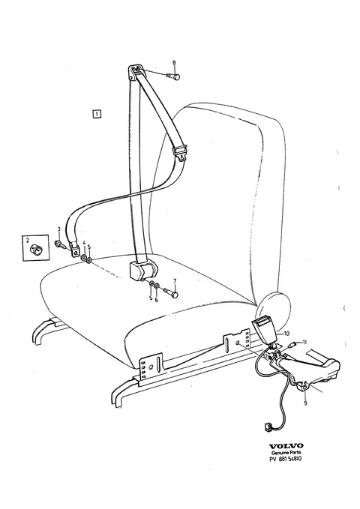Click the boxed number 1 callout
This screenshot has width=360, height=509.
tap(97, 114)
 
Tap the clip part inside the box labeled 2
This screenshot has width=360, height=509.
tap(36, 250)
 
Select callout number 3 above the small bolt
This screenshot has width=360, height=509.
tap(58, 229)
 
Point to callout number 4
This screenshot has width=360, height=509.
tap(84, 242)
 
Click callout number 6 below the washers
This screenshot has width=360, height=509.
tap(156, 301)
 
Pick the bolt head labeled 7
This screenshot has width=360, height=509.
tap(175, 295)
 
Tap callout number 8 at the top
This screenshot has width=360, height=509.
tap(174, 62)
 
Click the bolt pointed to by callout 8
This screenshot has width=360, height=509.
tap(173, 76)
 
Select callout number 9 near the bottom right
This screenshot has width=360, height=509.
tap(305, 403)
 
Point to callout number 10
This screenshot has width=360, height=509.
tap(286, 334)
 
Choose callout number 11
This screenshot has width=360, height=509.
tap(304, 342)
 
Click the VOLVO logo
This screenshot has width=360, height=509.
tap(286, 446)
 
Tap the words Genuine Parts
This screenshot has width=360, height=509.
tap(286, 452)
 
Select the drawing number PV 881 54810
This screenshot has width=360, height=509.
tap(286, 459)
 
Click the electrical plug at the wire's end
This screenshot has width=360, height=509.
tap(267, 427)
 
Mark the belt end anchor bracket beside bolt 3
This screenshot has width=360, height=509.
tap(75, 249)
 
